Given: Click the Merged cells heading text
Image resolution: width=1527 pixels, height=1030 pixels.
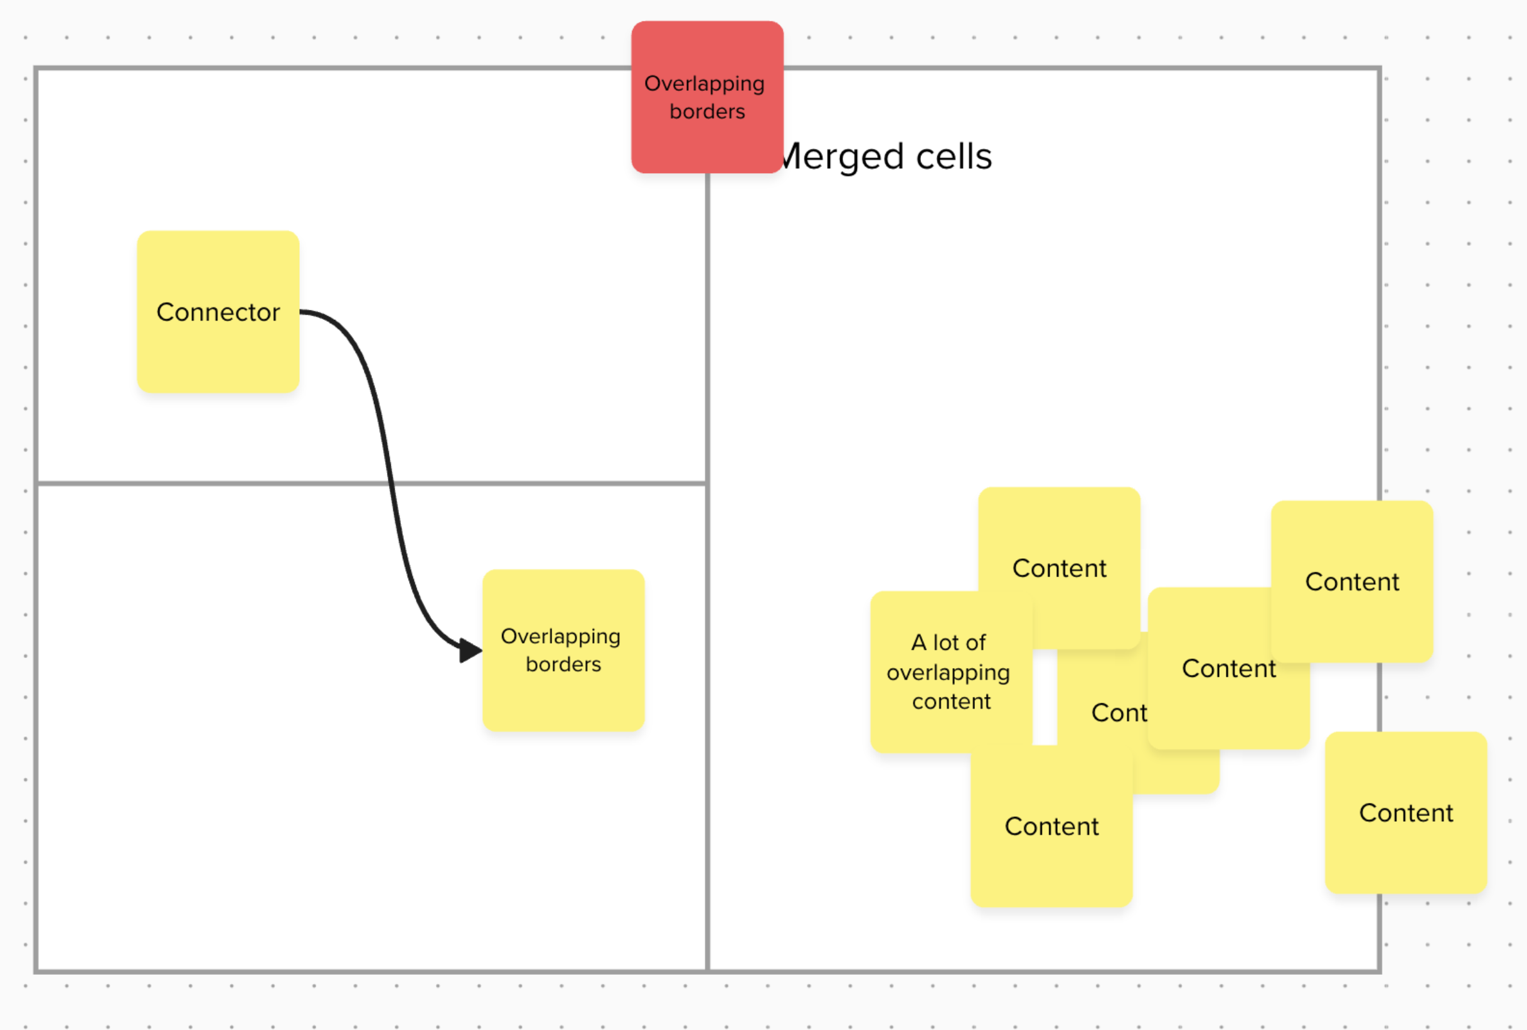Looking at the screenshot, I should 886,156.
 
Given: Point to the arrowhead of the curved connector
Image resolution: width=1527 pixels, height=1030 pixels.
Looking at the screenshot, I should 471,650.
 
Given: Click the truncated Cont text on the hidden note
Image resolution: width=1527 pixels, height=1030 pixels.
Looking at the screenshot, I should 1119,713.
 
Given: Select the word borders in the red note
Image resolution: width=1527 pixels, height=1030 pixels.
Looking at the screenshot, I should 706,112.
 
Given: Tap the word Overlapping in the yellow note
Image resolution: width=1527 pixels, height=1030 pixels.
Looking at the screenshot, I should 560,636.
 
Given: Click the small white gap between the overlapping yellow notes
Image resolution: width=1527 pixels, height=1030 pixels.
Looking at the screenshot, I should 1045,696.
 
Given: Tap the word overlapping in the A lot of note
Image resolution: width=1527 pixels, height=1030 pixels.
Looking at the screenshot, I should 948,672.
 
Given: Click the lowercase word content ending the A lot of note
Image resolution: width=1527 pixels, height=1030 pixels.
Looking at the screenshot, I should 951,701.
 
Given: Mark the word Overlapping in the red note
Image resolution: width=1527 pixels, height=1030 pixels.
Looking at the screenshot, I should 704,83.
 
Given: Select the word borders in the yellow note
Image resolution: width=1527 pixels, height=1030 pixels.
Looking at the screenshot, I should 563,664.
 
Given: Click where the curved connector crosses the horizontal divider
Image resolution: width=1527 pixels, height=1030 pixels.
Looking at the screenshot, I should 392,484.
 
